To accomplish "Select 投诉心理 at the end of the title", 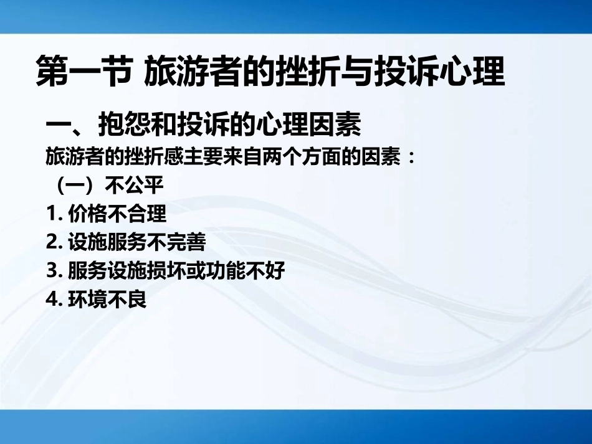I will click(440, 72).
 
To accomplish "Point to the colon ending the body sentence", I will click(409, 157).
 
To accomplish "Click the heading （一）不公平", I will click(105, 186).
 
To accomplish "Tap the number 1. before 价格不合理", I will click(52, 214).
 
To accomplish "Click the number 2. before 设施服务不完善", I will click(52, 242).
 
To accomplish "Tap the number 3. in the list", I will click(52, 271).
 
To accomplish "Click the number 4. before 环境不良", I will click(52, 300).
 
